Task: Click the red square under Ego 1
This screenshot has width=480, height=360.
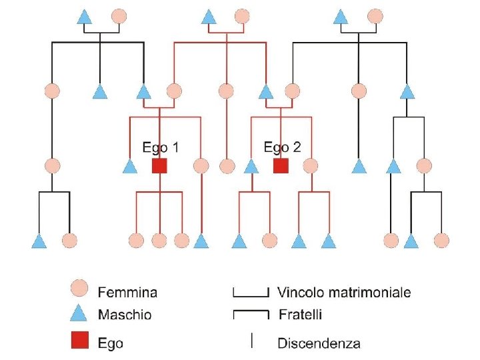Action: tap(159, 165)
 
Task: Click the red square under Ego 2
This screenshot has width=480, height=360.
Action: tap(281, 165)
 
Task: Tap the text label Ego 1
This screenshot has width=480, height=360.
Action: tap(161, 147)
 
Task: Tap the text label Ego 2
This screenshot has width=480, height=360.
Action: tap(282, 147)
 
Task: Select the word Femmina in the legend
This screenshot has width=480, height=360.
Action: tap(127, 293)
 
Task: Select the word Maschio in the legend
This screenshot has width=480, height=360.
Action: tap(125, 315)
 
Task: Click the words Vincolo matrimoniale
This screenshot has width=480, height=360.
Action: tap(344, 293)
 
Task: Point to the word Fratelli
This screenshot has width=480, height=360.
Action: tap(300, 315)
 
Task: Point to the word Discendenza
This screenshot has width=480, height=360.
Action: tap(319, 343)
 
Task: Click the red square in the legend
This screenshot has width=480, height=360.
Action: tap(80, 340)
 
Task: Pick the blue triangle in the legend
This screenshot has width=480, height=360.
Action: tap(79, 313)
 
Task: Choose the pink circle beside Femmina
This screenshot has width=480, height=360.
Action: tap(79, 288)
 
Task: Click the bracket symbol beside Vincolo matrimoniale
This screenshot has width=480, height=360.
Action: tap(251, 296)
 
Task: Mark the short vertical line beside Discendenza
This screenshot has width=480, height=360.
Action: tap(251, 341)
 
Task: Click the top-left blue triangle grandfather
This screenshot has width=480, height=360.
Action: tap(85, 17)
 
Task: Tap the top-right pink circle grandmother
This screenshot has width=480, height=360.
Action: tap(375, 17)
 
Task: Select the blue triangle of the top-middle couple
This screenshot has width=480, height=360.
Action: tap(209, 17)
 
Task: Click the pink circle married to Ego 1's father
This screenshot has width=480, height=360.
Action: tap(174, 91)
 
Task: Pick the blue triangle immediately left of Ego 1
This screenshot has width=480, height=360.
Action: tap(130, 166)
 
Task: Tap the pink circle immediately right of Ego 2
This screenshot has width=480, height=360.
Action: tap(311, 165)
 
